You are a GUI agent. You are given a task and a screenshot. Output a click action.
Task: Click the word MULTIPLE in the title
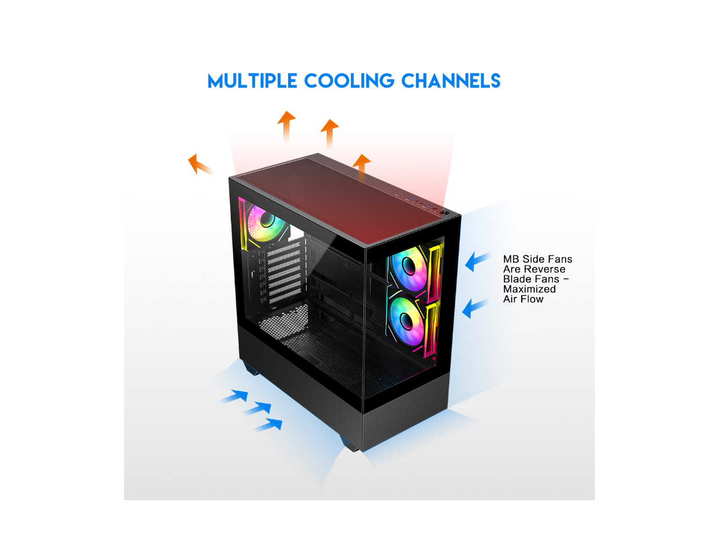tap(252, 81)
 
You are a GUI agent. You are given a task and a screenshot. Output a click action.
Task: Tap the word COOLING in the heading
tap(349, 81)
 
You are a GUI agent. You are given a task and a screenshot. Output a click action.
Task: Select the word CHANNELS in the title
tap(450, 81)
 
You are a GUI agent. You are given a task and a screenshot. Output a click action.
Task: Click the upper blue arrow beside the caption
tap(477, 261)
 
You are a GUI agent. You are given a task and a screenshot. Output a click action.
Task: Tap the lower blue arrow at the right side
tap(475, 308)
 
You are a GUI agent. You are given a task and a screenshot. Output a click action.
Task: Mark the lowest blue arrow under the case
tap(269, 425)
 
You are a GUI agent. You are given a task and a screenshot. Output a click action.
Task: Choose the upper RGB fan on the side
tap(409, 269)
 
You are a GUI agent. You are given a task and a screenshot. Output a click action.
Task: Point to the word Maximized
tap(529, 289)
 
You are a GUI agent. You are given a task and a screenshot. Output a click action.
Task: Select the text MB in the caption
tap(511, 259)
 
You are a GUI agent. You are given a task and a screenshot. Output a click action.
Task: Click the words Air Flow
tap(523, 299)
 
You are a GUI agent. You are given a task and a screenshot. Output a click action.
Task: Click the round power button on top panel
tap(444, 213)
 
